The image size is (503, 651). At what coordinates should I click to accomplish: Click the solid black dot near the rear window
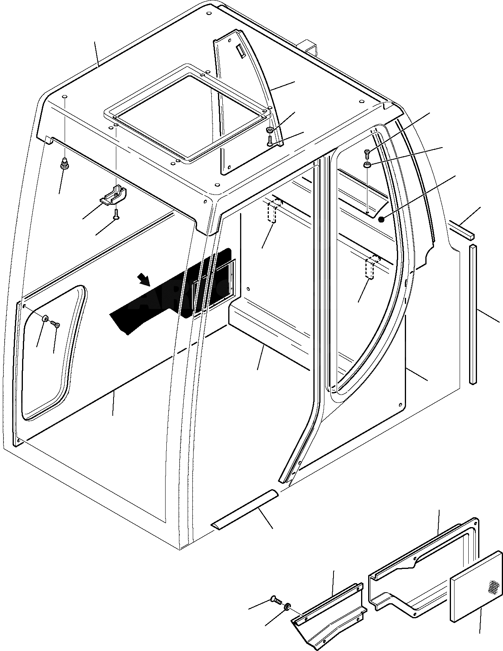tap(381, 219)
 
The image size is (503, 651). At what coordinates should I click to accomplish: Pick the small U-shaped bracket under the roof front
tap(114, 196)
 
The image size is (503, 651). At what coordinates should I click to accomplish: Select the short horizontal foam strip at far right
tap(462, 230)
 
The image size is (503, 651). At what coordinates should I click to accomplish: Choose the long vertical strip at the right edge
tap(473, 314)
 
